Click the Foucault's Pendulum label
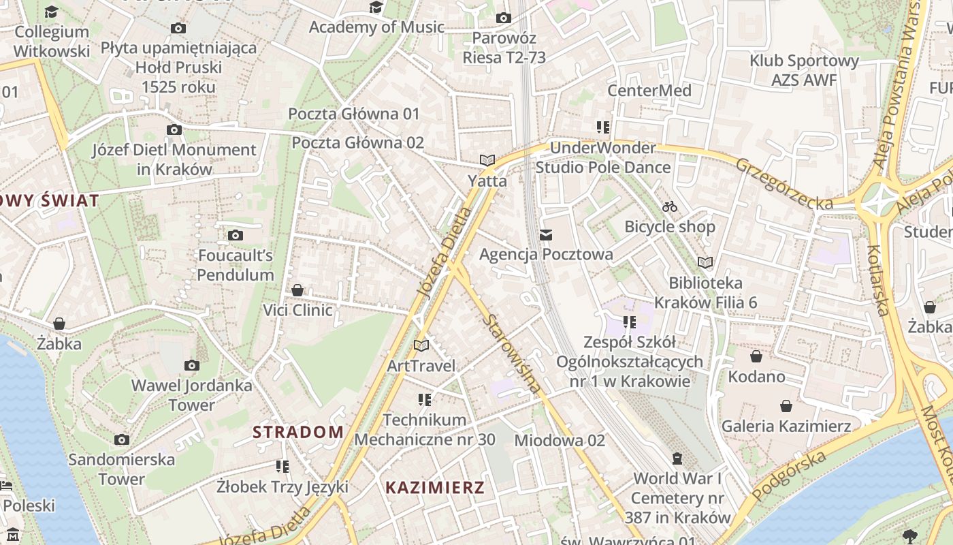click(236, 265)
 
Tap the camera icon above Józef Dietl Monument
click(174, 129)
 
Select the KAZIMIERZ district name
click(435, 487)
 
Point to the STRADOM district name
click(298, 432)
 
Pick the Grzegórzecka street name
click(784, 183)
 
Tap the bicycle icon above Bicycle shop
click(670, 206)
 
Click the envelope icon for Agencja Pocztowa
click(546, 235)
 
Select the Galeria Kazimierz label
click(786, 426)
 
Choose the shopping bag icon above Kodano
click(756, 356)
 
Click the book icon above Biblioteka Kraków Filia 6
click(705, 262)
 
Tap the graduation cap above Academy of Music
click(376, 7)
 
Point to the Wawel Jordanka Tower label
click(192, 395)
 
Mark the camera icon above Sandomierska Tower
click(122, 439)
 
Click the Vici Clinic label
click(298, 311)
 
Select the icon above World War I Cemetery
click(677, 458)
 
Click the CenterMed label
click(649, 91)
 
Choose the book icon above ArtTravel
click(421, 345)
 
